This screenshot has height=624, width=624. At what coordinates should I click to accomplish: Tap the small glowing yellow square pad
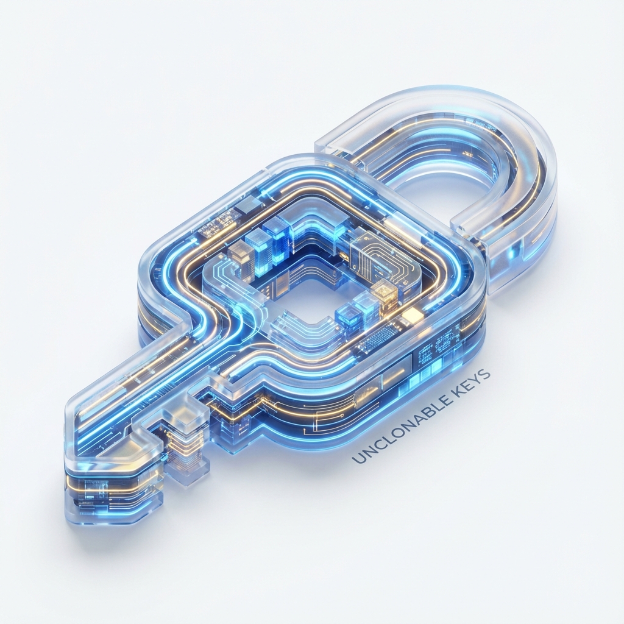[x=413, y=315]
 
